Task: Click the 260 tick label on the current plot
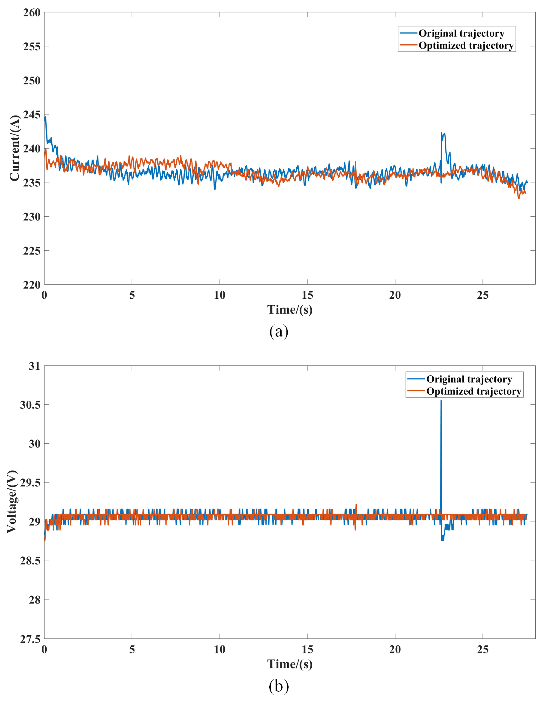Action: click(x=32, y=13)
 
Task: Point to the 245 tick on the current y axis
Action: click(x=32, y=115)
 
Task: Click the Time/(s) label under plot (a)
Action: click(x=290, y=310)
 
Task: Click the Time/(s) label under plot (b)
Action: click(x=290, y=664)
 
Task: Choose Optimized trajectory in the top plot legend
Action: click(x=466, y=46)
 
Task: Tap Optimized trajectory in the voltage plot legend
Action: click(x=474, y=391)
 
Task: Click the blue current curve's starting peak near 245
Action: click(x=45, y=118)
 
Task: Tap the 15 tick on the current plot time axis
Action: click(x=307, y=295)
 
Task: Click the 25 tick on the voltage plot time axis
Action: click(x=483, y=650)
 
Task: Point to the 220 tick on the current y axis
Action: click(x=32, y=285)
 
